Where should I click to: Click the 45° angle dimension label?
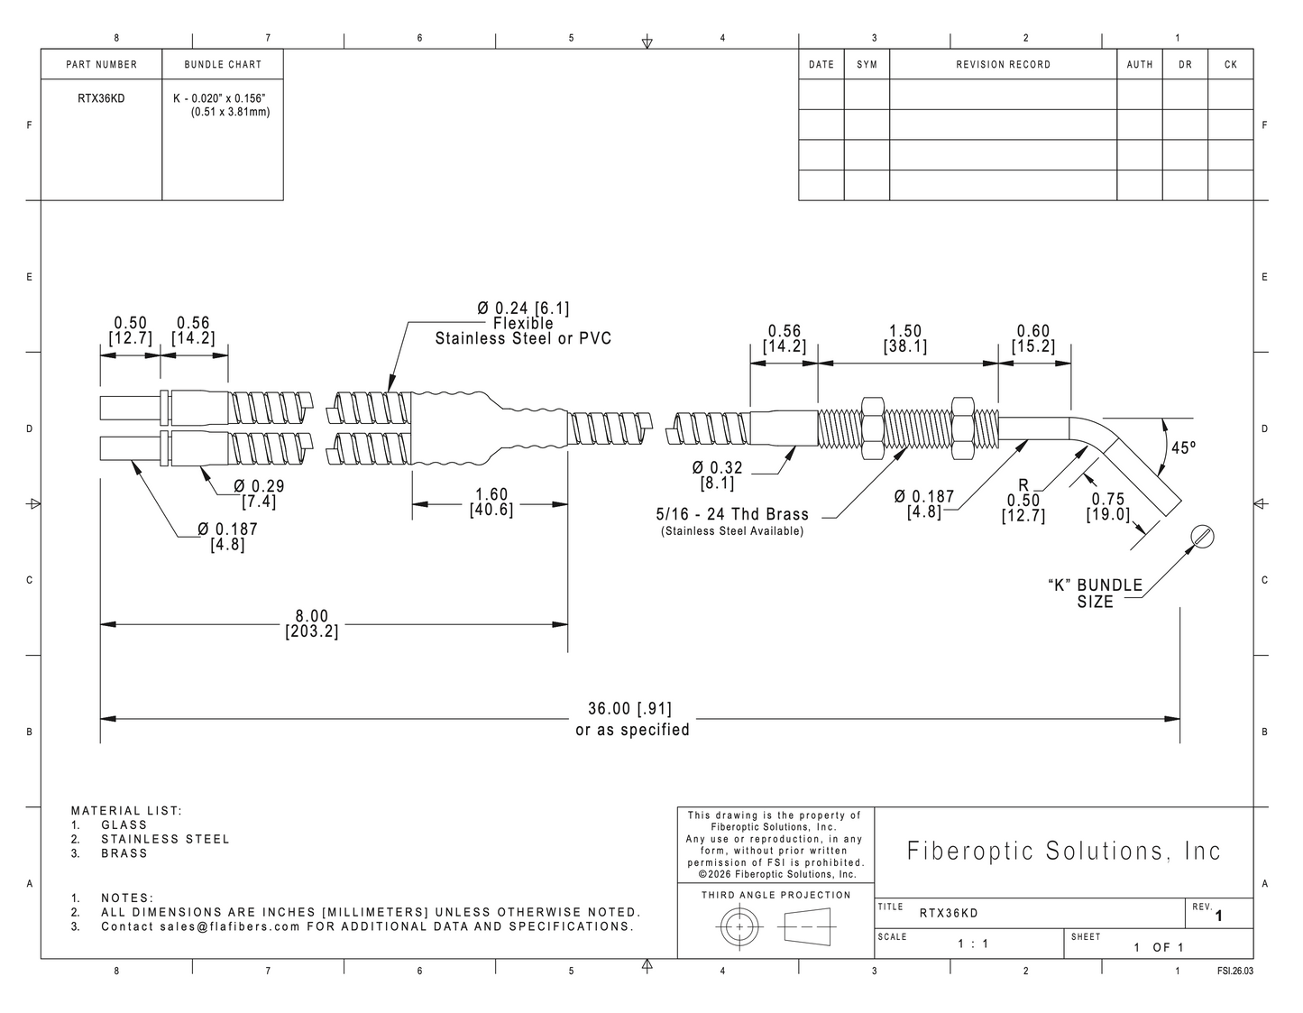point(1183,448)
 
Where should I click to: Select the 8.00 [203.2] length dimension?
point(312,623)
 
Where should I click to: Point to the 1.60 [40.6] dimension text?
point(491,502)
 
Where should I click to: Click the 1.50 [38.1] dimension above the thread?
point(904,339)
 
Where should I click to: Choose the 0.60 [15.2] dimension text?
point(1033,339)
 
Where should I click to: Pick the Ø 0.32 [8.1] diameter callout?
point(717,475)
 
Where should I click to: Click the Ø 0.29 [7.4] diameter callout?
point(259,494)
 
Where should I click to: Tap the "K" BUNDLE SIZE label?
point(1095,594)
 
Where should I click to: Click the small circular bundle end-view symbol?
point(1202,536)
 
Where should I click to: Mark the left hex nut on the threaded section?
point(873,428)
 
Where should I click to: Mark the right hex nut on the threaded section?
point(962,428)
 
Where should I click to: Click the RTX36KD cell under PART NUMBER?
point(101,98)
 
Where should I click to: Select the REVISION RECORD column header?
point(1004,64)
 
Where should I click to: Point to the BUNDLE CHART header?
point(223,64)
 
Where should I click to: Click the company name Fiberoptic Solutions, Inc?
point(1064,851)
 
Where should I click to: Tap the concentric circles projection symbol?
point(739,926)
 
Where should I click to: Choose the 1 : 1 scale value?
point(973,944)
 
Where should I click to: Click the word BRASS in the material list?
point(124,852)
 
